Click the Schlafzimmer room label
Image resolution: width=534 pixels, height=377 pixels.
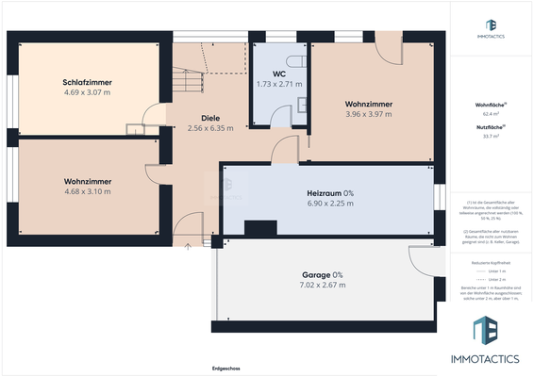tap(86, 83)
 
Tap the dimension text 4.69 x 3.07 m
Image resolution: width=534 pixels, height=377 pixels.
tap(86, 93)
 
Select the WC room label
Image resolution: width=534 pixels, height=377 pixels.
tap(278, 74)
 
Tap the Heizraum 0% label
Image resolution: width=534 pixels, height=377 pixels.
tap(330, 192)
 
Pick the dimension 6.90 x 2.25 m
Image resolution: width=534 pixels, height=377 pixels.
tap(330, 203)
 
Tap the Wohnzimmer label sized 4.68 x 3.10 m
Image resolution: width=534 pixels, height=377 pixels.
tap(88, 181)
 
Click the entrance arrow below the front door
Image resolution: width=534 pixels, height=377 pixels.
tap(188, 247)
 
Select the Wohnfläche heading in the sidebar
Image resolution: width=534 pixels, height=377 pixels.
tap(490, 105)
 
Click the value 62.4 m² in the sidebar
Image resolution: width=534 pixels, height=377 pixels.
tap(490, 114)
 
